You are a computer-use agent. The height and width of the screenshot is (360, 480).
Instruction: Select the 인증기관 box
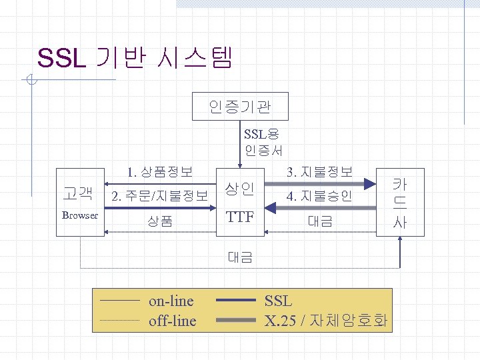[x=240, y=105]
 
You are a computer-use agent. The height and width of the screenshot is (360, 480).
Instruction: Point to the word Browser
[x=80, y=215]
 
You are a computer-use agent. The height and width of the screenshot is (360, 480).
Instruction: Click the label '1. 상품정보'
[x=160, y=172]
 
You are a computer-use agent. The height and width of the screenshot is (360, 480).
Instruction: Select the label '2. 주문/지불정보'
[x=160, y=196]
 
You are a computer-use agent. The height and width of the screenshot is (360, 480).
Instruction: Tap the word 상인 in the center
[x=239, y=189]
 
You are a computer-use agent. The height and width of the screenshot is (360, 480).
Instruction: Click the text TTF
[x=239, y=217]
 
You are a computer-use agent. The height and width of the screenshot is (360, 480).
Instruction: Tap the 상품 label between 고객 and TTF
[x=160, y=221]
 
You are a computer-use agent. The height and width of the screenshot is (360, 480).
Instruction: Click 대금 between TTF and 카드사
[x=319, y=221]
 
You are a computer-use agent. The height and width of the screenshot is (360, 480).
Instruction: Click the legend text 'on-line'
[x=171, y=301]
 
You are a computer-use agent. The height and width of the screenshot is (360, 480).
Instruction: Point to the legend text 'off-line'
[x=173, y=321]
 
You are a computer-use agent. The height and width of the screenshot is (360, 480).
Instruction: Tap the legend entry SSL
[x=278, y=301]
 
